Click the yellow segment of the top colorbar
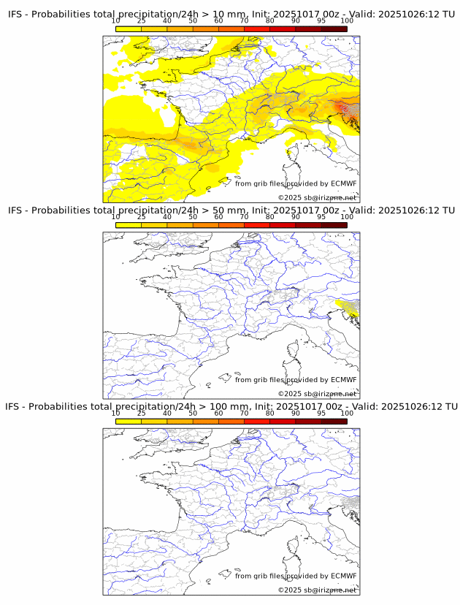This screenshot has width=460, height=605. tap(129, 28)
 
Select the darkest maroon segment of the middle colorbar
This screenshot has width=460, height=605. tap(334, 224)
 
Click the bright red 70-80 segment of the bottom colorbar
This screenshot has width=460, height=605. tap(257, 420)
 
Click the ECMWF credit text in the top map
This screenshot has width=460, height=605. tap(296, 183)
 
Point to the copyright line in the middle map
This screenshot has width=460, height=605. tap(317, 394)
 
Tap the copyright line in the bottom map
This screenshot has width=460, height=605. tap(317, 590)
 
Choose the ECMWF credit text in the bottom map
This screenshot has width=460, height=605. tap(296, 576)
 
